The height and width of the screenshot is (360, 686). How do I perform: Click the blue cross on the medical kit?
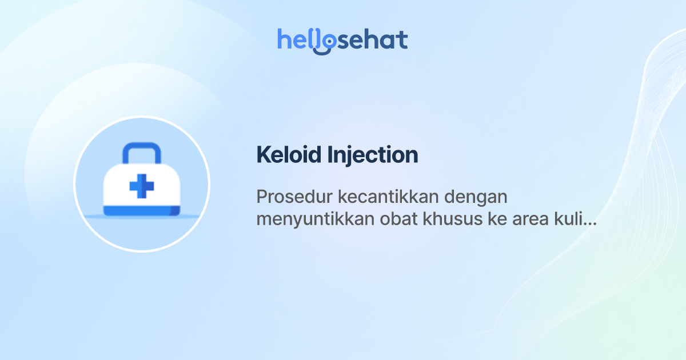point(142,187)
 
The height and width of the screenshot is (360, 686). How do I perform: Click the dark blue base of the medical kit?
point(142,212)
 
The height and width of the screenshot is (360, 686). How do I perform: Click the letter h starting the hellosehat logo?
point(284,39)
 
